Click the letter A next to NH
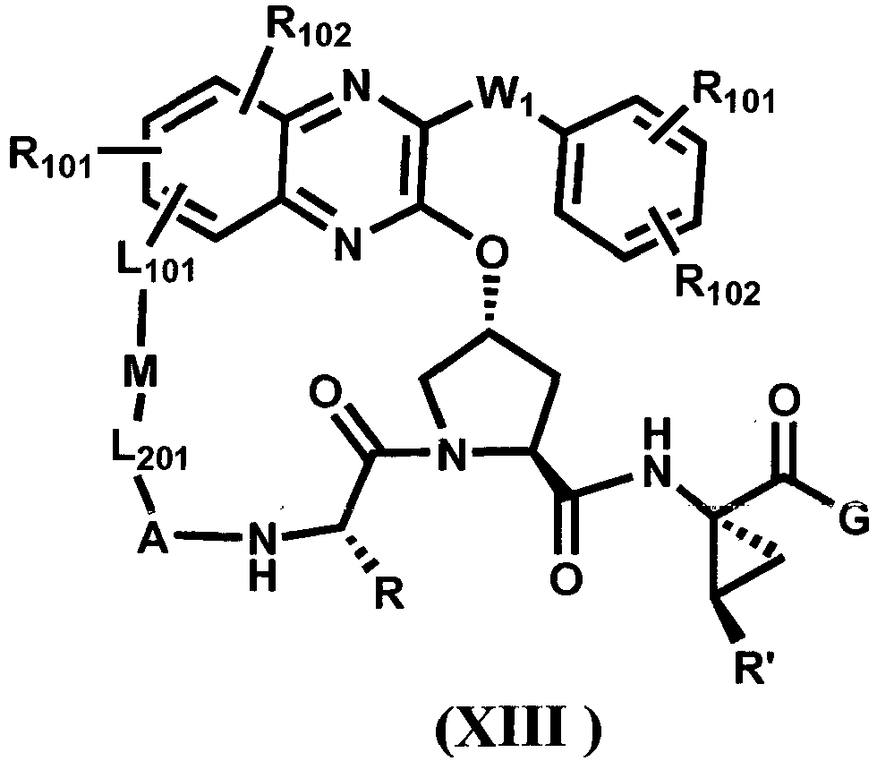click(153, 537)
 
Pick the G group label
click(854, 518)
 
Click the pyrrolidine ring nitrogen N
click(451, 454)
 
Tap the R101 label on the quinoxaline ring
click(50, 159)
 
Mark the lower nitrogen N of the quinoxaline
click(347, 244)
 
